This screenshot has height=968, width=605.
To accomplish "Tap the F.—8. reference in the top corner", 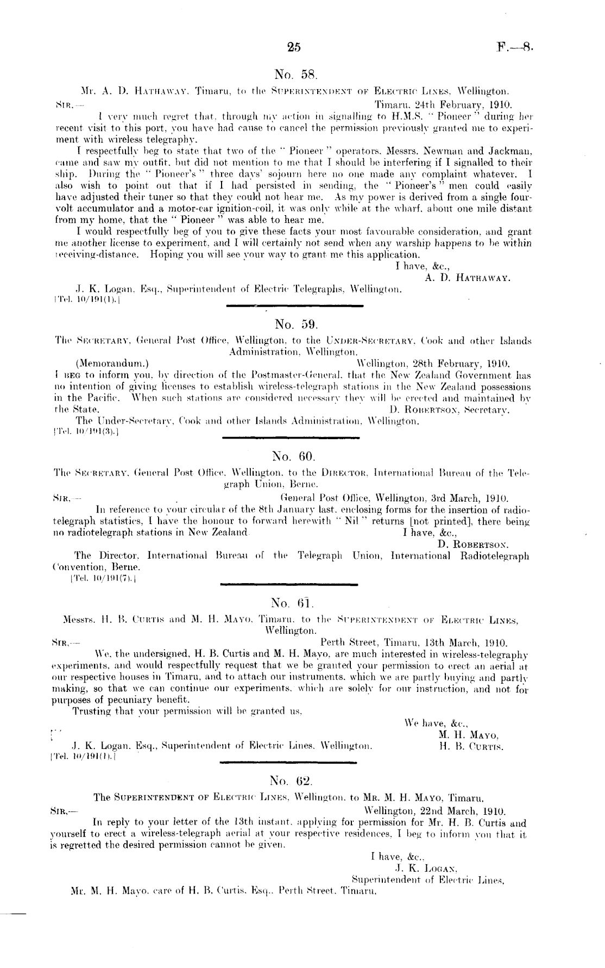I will pyautogui.click(x=515, y=47).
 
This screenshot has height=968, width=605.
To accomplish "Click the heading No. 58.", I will pyautogui.click(x=292, y=74).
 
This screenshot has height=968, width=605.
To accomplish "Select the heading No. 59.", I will pyautogui.click(x=293, y=324).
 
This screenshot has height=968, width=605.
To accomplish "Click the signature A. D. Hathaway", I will pyautogui.click(x=467, y=277).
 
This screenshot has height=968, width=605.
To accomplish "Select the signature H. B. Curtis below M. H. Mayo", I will pyautogui.click(x=471, y=747).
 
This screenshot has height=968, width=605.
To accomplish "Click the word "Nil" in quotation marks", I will pyautogui.click(x=348, y=521).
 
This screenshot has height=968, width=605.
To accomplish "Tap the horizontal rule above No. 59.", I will pyautogui.click(x=294, y=306).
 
